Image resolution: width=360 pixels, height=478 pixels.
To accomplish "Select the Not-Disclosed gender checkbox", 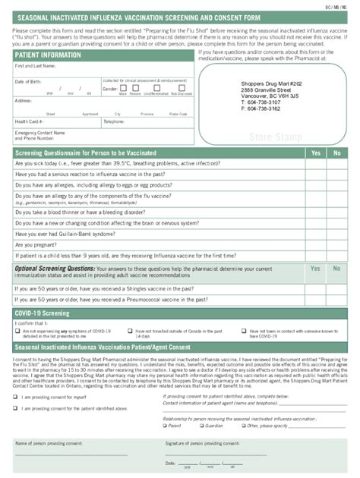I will click(181, 90).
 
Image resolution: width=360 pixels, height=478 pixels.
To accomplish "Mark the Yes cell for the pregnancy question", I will click(315, 245).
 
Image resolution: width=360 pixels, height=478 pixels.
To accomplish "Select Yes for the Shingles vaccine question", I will click(315, 288).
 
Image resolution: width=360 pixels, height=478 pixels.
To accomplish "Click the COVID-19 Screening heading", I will click(43, 313).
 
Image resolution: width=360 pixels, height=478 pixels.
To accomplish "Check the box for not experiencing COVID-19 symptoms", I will click(17, 331).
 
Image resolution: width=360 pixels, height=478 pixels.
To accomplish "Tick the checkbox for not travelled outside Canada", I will click(129, 331).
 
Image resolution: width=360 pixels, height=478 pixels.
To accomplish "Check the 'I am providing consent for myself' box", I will click(16, 397).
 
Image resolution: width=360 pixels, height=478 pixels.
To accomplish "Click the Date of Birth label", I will click(29, 81).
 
